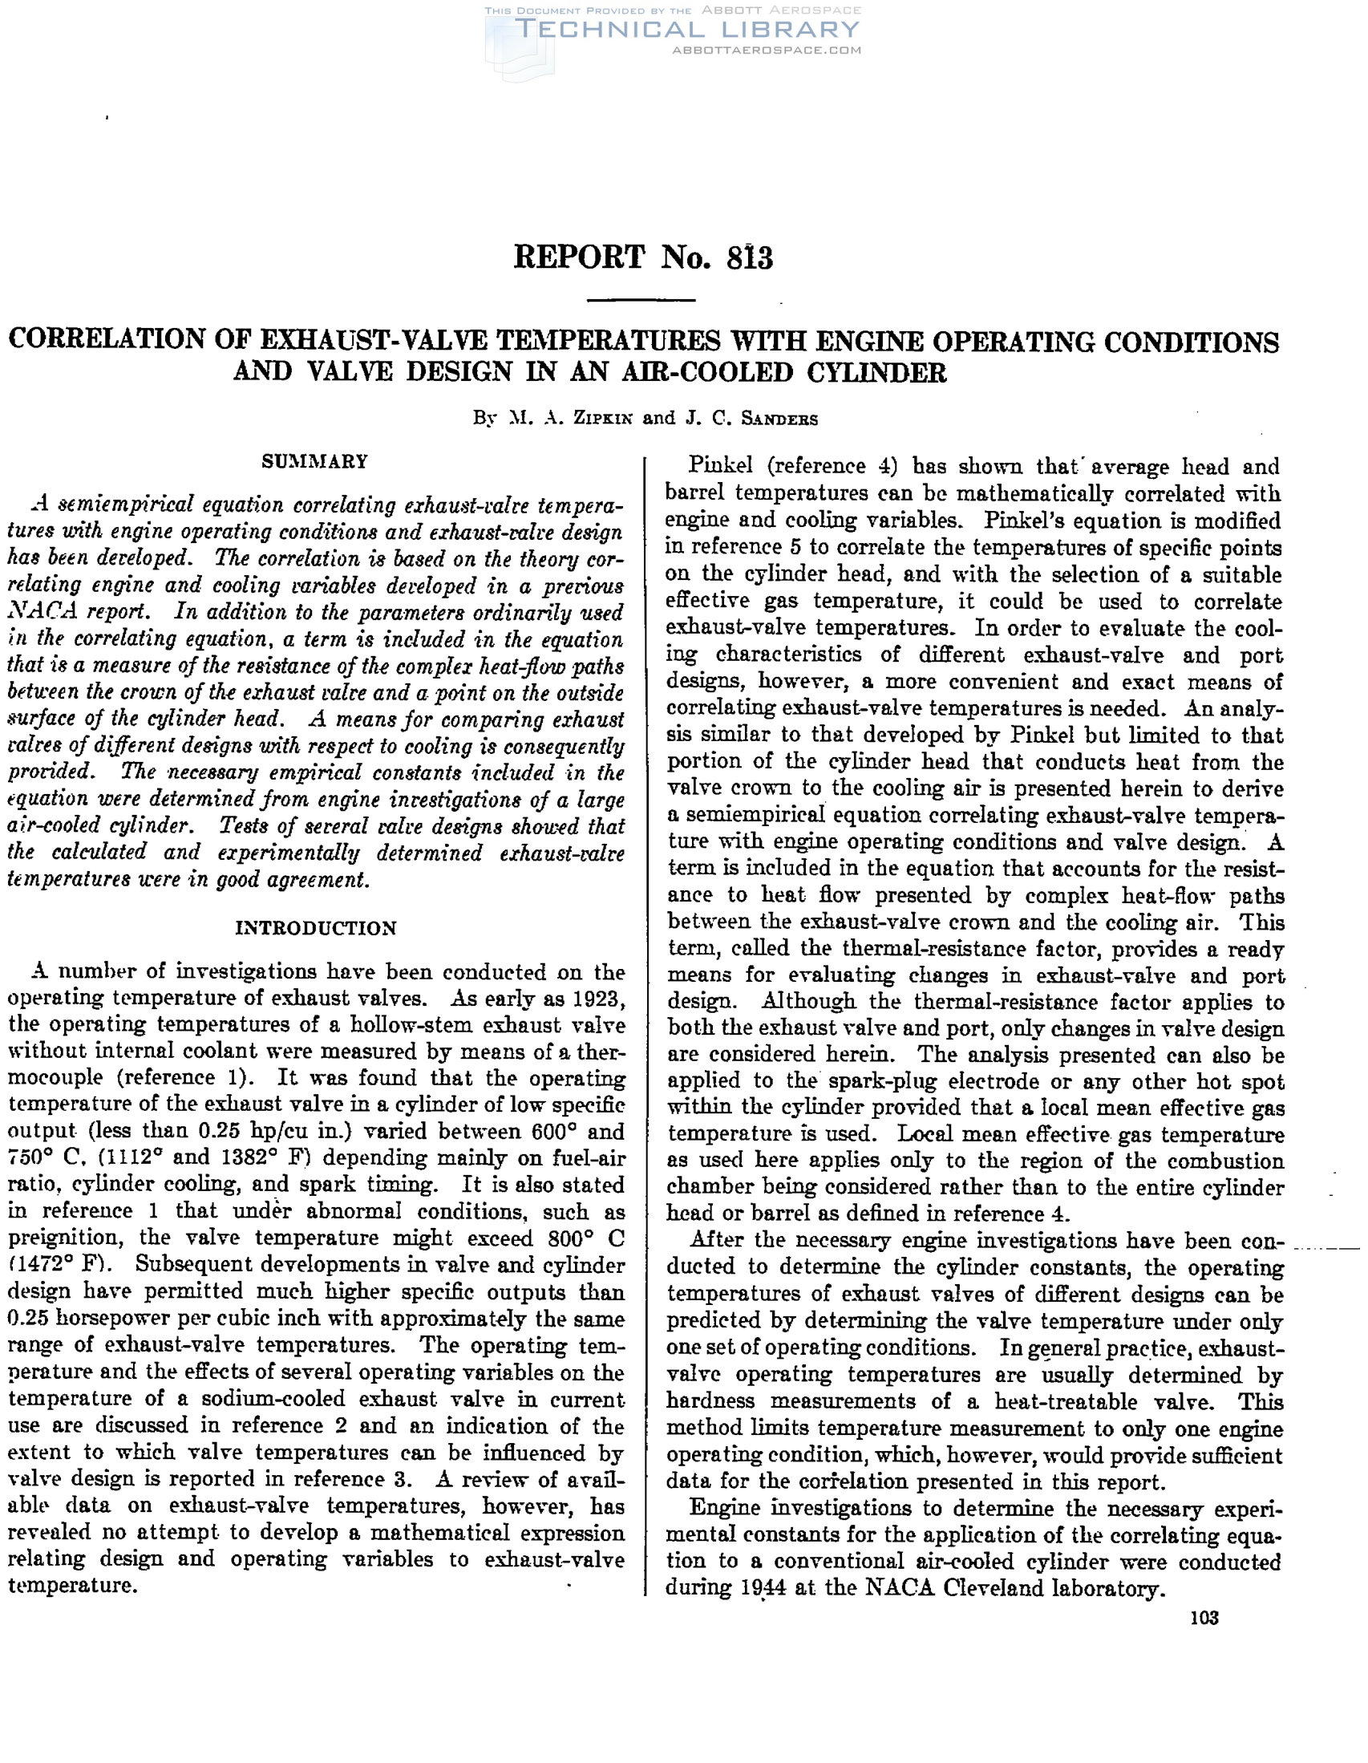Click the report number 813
750,258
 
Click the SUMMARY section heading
315,462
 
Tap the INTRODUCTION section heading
316,928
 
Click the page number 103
1204,1618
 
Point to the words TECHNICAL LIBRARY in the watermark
686,30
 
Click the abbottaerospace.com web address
766,50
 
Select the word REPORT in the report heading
580,258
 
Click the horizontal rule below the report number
642,300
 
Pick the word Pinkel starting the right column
720,467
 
